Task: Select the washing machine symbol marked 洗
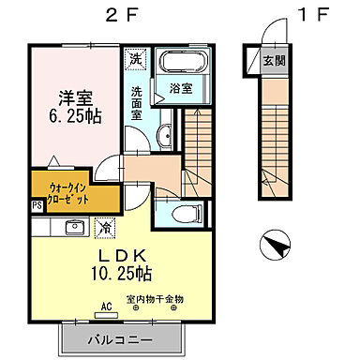[136, 59]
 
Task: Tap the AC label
[107, 307]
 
